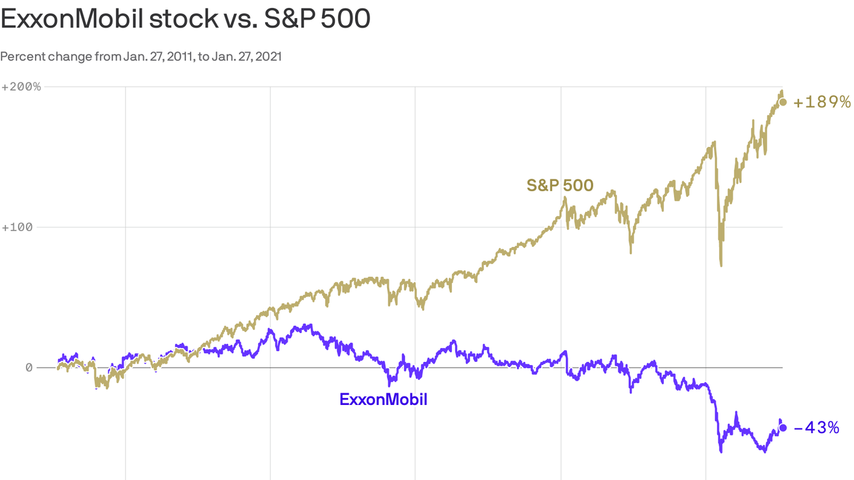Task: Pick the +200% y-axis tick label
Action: (x=21, y=86)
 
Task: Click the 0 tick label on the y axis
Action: (x=29, y=367)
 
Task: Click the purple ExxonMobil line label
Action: (x=383, y=399)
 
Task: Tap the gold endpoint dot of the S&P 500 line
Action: (x=783, y=102)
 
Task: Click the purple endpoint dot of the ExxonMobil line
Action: (x=783, y=427)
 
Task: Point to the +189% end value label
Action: (x=821, y=102)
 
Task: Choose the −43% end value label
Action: (x=816, y=428)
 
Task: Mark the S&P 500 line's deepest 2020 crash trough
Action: (x=721, y=265)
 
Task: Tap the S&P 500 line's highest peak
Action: (x=781, y=91)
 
